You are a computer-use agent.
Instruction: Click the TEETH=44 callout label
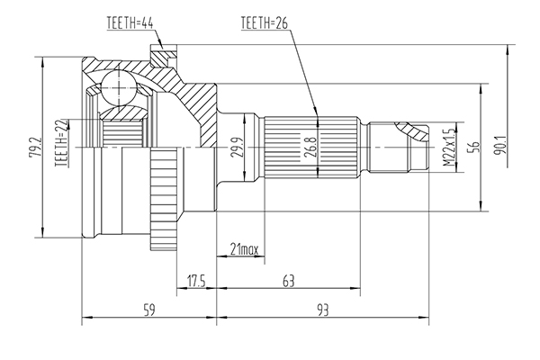click(130, 23)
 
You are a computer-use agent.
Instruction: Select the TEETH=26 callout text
click(264, 22)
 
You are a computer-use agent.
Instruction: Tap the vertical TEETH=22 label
click(61, 143)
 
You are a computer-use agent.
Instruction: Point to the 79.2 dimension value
click(35, 147)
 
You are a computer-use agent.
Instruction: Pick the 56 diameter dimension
click(474, 147)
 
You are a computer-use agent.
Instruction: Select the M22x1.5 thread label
click(449, 148)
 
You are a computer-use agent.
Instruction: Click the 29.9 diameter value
click(237, 147)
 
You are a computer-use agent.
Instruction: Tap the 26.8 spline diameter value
click(310, 148)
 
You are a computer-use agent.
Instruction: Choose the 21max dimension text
click(244, 249)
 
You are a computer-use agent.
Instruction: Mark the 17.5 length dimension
click(196, 281)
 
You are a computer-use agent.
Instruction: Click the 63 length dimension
click(289, 281)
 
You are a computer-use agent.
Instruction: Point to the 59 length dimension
click(148, 310)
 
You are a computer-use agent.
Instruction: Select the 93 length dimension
click(323, 310)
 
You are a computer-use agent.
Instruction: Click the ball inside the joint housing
click(119, 87)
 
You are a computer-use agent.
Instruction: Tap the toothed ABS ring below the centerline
click(164, 198)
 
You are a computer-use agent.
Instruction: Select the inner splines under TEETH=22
click(123, 132)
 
